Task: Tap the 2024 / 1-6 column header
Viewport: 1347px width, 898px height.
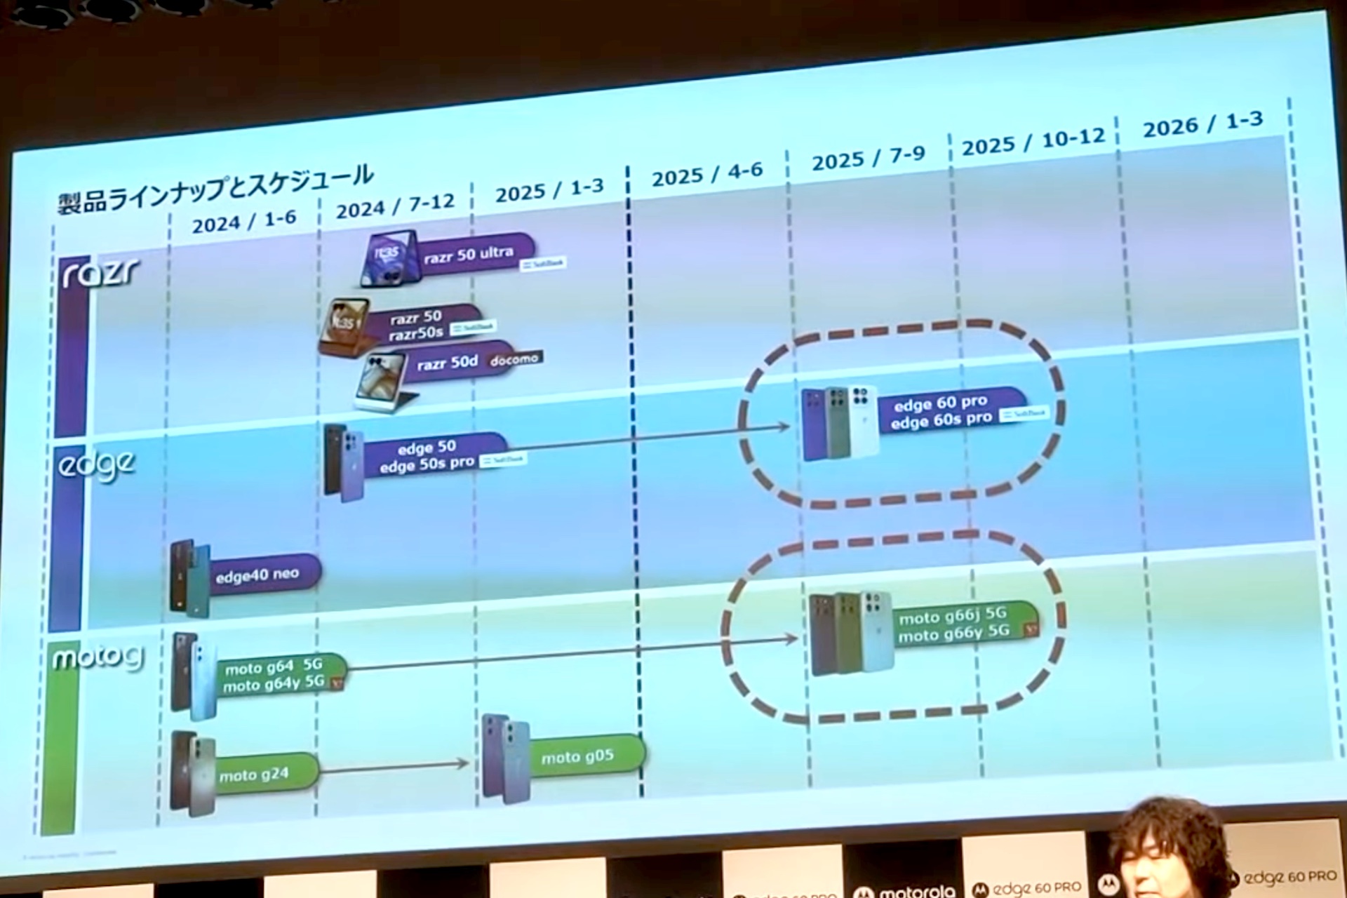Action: (x=244, y=222)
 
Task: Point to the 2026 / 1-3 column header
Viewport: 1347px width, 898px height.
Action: (x=1202, y=124)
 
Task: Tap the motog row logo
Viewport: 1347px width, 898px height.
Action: (x=98, y=658)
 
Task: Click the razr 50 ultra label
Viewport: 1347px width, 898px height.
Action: (x=468, y=254)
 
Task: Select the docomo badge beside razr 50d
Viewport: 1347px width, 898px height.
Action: (x=514, y=359)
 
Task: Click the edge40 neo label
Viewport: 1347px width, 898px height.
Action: (x=257, y=575)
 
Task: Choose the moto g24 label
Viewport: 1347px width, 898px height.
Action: (x=254, y=775)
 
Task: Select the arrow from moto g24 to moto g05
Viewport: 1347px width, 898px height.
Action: (x=393, y=767)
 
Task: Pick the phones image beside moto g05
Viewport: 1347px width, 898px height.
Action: (x=504, y=758)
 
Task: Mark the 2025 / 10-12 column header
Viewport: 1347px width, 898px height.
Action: (x=1033, y=142)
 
